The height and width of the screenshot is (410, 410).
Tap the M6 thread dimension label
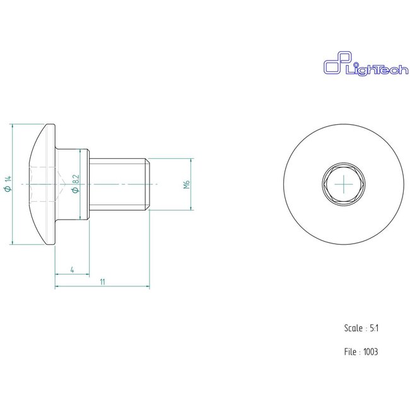pyautogui.click(x=187, y=185)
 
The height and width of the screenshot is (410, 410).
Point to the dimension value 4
pyautogui.click(x=73, y=269)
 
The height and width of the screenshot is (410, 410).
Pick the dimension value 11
pyautogui.click(x=102, y=282)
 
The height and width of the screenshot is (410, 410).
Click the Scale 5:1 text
pyautogui.click(x=361, y=329)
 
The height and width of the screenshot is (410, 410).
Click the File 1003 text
pyautogui.click(x=361, y=351)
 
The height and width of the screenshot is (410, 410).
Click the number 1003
pyautogui.click(x=370, y=351)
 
